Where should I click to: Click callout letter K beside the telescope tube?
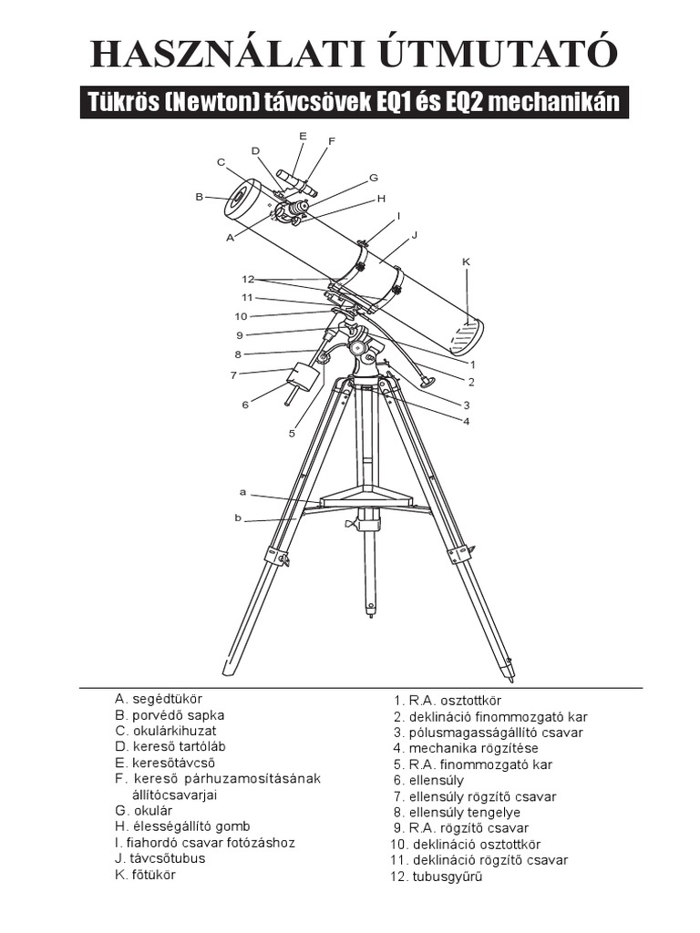pos(466,261)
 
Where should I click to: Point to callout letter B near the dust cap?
pos(199,196)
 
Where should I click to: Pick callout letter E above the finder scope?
pos(303,136)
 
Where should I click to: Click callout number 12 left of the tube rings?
pos(247,279)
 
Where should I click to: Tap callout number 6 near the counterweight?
pos(245,405)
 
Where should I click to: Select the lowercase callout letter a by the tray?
pos(243,492)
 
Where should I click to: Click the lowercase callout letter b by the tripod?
pos(238,518)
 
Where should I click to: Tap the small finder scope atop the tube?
pos(296,181)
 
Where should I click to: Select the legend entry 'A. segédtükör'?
pos(158,699)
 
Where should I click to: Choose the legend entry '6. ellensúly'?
pos(428,780)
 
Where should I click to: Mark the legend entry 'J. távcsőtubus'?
pos(160,858)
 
